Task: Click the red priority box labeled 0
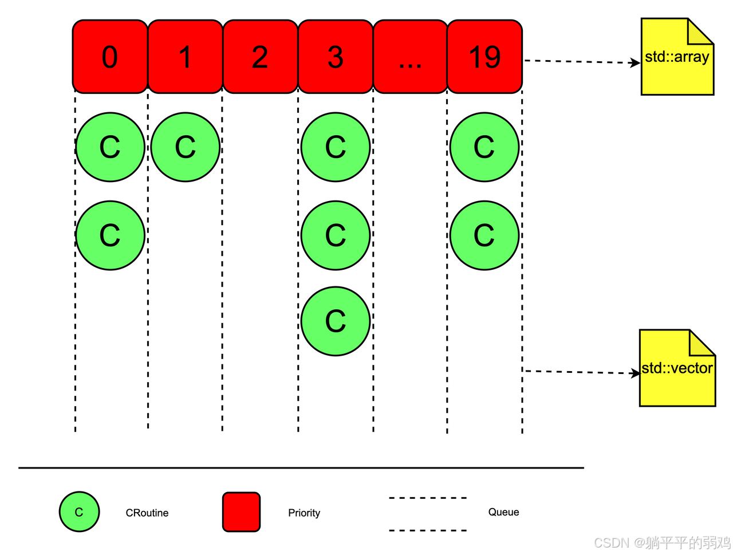[x=110, y=57]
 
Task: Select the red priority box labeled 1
[x=185, y=57]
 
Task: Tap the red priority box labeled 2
[x=260, y=57]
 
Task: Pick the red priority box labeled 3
[x=336, y=57]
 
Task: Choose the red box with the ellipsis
[x=410, y=57]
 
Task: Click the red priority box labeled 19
[x=484, y=57]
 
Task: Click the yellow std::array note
[x=677, y=57]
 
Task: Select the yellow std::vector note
[x=677, y=368]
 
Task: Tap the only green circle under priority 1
[x=186, y=147]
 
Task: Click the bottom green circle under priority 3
[x=336, y=321]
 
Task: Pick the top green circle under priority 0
[x=110, y=147]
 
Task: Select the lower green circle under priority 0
[x=110, y=235]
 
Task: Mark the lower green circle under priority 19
[x=484, y=235]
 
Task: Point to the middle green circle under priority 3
[x=336, y=235]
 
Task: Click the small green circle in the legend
[x=79, y=512]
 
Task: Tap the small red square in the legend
[x=241, y=511]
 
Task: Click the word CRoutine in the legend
[x=147, y=513]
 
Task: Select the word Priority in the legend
[x=304, y=513]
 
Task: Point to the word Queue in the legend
[x=503, y=512]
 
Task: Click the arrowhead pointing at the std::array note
[x=635, y=62]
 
